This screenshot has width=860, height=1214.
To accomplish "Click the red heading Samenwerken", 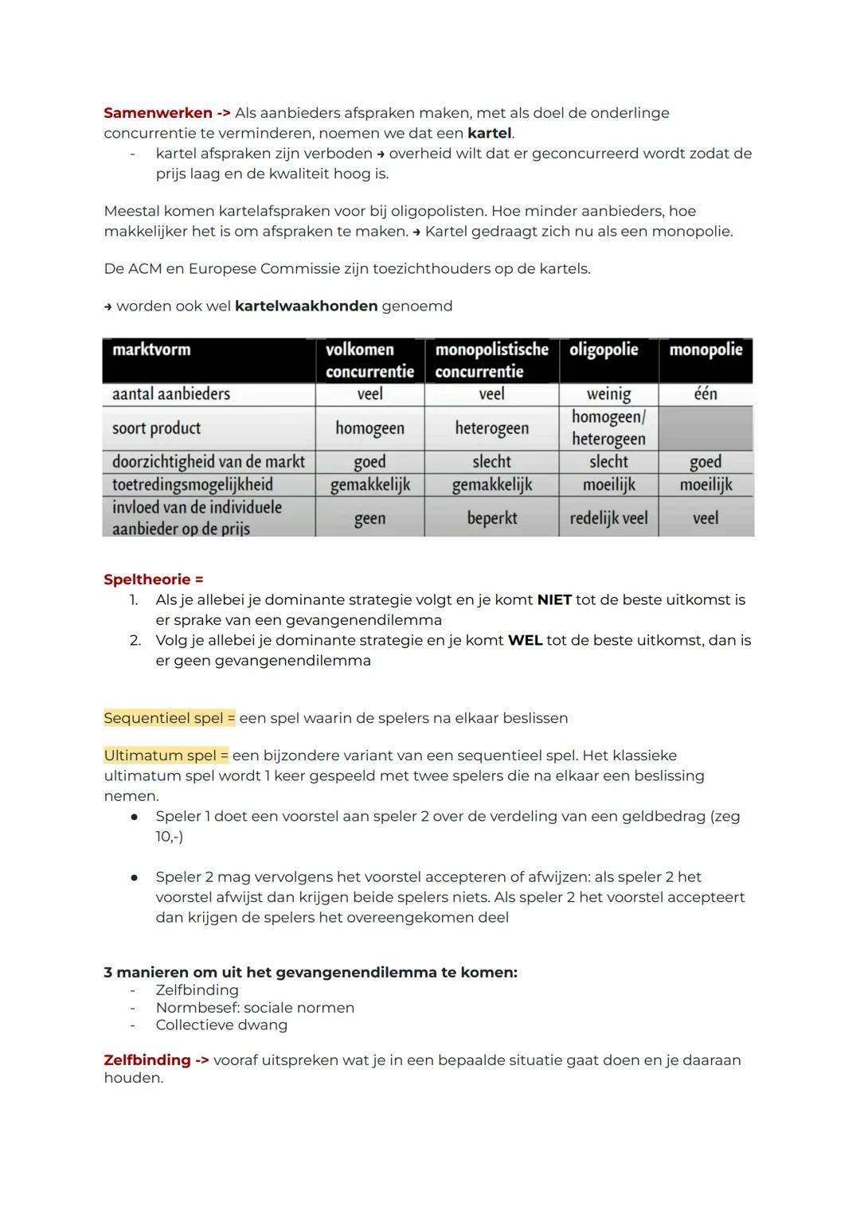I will coord(158,113).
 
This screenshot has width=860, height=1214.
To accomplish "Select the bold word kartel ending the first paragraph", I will coord(490,133).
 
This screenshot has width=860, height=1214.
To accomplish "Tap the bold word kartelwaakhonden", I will coord(306,306).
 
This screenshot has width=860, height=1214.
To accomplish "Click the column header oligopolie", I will coord(604,350).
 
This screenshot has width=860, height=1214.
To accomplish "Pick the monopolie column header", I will coord(706,350).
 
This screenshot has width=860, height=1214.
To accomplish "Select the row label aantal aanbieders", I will coord(171,394).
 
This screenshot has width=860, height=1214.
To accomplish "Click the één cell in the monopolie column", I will coord(706,394).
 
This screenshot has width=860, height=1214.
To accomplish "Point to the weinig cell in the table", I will coord(608,394).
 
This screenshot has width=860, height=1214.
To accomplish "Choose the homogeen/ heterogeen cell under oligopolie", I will coord(608,428).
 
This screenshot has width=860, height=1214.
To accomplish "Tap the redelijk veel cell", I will coord(608,518).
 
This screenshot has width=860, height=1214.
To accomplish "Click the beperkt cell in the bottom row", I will coord(491,518).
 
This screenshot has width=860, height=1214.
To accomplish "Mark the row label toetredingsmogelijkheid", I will coord(193,485).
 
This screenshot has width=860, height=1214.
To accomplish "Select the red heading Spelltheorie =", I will coord(153,580).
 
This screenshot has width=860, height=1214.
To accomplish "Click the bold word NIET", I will coord(554,600).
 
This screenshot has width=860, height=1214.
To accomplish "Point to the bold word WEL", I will coord(525,641).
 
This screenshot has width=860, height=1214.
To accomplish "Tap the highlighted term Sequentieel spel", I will coord(169,718).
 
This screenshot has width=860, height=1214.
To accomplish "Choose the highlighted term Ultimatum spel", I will coord(166,755).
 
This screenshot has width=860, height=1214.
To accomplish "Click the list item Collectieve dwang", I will coord(221,1025).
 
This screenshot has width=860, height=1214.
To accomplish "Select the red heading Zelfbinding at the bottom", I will coord(147,1060).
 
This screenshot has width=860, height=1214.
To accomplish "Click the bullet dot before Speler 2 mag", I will coord(135,877).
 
